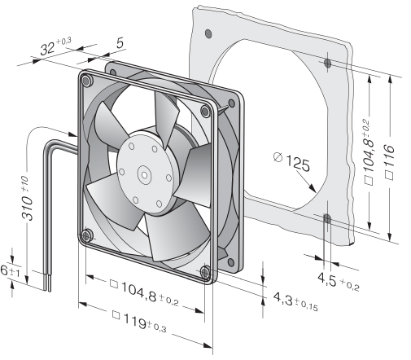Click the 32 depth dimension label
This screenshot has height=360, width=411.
pyautogui.click(x=55, y=46)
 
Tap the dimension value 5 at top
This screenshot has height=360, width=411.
pyautogui.click(x=120, y=43)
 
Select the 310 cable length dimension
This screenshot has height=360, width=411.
pyautogui.click(x=27, y=198)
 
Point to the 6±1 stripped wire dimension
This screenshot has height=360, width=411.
pyautogui.click(x=10, y=271)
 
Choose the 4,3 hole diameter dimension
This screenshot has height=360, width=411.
pyautogui.click(x=295, y=301)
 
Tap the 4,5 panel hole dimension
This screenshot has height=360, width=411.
pyautogui.click(x=339, y=282)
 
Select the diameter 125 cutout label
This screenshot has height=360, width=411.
pyautogui.click(x=291, y=162)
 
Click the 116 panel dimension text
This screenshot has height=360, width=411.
pyautogui.click(x=390, y=162)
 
